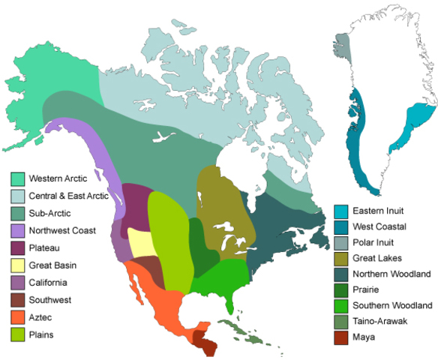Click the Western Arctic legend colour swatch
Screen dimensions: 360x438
point(16,179)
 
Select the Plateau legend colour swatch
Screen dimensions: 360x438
point(16,248)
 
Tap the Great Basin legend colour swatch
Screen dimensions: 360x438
point(16,265)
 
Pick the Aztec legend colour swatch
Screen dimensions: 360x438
point(16,317)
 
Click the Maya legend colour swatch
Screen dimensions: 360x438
point(340,337)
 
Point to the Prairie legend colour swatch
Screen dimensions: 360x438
point(340,289)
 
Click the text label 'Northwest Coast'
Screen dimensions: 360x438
point(62,230)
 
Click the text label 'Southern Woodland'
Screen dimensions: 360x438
point(391,306)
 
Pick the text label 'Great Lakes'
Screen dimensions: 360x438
point(376,258)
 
